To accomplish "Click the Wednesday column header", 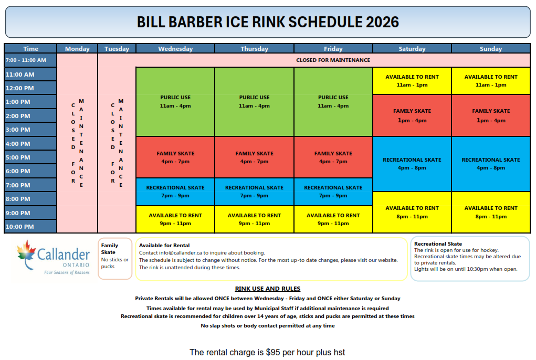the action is tap(175, 48).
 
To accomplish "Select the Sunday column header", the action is tap(490, 48).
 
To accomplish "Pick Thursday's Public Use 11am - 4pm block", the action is tap(254, 102).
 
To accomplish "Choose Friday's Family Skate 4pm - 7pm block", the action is tap(333, 157).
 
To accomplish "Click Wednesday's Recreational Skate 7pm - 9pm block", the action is tap(175, 192).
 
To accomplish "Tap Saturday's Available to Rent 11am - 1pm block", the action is tap(412, 81).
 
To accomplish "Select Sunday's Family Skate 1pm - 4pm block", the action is tap(491, 115).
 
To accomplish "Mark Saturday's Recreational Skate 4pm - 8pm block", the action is tap(412, 164).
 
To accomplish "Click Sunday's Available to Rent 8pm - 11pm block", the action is tap(491, 212).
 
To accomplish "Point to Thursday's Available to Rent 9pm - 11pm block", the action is tap(254, 219).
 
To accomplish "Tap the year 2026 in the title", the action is tap(382, 22).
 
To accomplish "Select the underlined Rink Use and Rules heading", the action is tap(268, 289).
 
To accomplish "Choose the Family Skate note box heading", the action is tap(109, 249).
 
